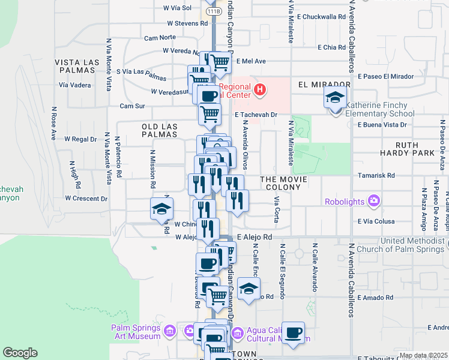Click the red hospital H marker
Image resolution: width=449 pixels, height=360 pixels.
259,91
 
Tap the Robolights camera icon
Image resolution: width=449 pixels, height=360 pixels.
375,201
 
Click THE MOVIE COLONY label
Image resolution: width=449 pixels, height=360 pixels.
283,183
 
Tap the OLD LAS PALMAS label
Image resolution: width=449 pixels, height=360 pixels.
159,130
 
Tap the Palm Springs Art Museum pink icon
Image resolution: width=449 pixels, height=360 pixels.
170,331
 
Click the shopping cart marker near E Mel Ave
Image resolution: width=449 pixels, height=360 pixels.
220,61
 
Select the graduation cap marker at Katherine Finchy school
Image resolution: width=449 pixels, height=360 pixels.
335,97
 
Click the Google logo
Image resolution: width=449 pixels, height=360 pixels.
20,353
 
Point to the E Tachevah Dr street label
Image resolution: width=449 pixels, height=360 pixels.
256,114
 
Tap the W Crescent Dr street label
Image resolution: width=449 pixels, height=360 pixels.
86,198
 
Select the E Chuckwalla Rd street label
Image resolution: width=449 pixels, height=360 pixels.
319,17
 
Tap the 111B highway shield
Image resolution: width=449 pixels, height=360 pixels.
213,11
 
